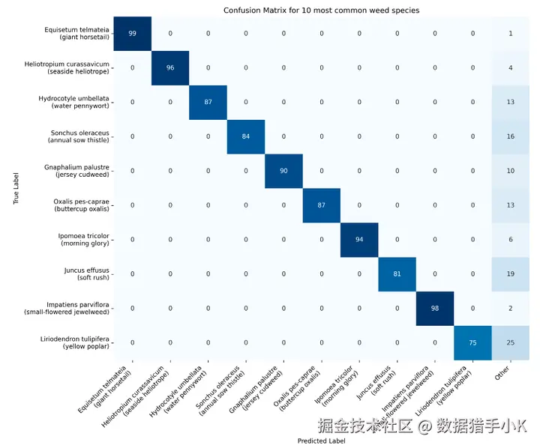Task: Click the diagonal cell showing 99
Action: click(133, 34)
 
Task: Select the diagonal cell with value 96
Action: click(170, 68)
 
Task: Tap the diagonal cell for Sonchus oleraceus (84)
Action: click(246, 136)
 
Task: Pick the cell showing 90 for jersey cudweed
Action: click(283, 171)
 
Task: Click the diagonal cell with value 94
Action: click(359, 239)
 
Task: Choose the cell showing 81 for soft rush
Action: click(397, 273)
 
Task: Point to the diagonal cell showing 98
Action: click(435, 308)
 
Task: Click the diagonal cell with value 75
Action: click(472, 342)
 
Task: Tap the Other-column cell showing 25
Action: click(510, 342)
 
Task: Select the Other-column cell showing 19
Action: click(510, 273)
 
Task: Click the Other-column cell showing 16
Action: click(510, 136)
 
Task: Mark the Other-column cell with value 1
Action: click(510, 34)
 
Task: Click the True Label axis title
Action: click(16, 188)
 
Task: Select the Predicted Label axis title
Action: click(321, 441)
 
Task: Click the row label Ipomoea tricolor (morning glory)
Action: click(83, 239)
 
